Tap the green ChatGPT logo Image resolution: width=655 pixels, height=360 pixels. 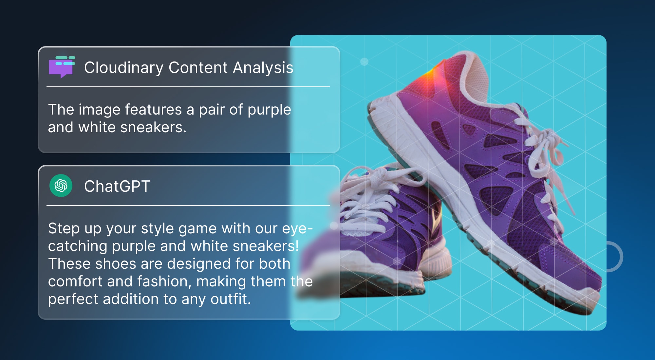(61, 186)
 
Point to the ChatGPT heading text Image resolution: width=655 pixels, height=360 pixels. (117, 186)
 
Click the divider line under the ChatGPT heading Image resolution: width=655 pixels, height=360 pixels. (188, 206)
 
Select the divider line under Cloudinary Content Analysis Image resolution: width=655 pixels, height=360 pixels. (188, 87)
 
